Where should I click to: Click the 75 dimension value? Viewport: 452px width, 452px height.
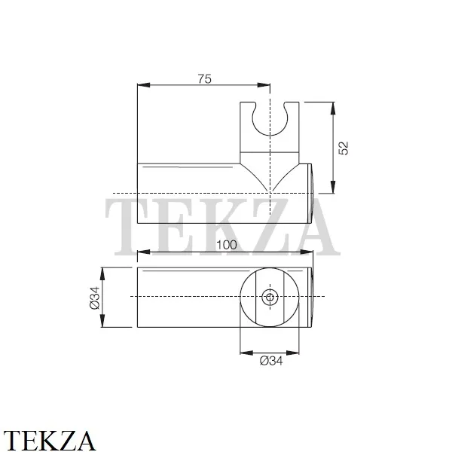coord(205,78)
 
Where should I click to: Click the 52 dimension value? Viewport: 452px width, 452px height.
coord(344,148)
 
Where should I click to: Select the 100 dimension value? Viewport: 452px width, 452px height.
coord(227,245)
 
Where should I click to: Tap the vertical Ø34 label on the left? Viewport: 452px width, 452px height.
coord(95,298)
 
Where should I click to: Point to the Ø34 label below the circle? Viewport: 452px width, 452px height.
coord(271,361)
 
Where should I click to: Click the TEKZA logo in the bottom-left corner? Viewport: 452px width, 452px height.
coord(49,441)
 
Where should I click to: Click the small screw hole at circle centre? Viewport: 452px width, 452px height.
coord(270,297)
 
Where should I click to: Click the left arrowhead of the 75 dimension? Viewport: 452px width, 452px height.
coord(144,85)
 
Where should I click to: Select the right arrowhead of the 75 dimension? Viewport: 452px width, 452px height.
coord(264,85)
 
